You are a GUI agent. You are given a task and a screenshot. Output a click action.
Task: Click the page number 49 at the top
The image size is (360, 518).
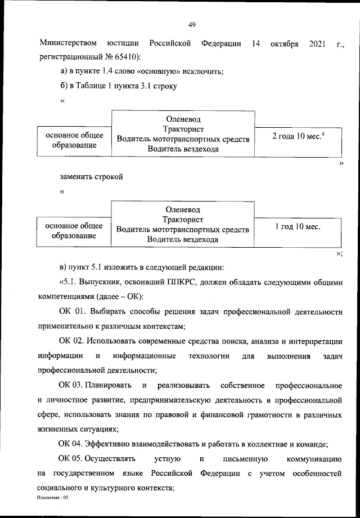pyautogui.click(x=191, y=25)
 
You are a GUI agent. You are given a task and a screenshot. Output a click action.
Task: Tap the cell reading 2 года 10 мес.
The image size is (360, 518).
pyautogui.click(x=296, y=136)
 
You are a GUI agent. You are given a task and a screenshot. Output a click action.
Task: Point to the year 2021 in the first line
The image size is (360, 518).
pyautogui.click(x=318, y=43)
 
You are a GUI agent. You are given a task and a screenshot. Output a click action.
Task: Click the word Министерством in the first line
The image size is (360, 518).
pyautogui.click(x=68, y=43)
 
